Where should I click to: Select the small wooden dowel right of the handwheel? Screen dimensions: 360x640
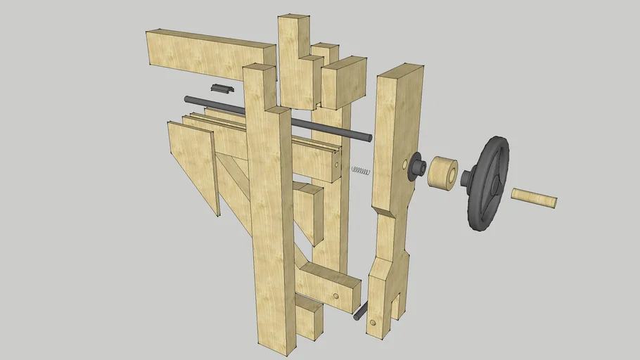point(534,198)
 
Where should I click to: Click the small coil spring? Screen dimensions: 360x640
point(359,170)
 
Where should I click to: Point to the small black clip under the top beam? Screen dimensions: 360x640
point(221,89)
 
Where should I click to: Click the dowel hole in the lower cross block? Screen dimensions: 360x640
point(336,296)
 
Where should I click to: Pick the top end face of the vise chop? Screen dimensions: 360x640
point(400,70)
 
